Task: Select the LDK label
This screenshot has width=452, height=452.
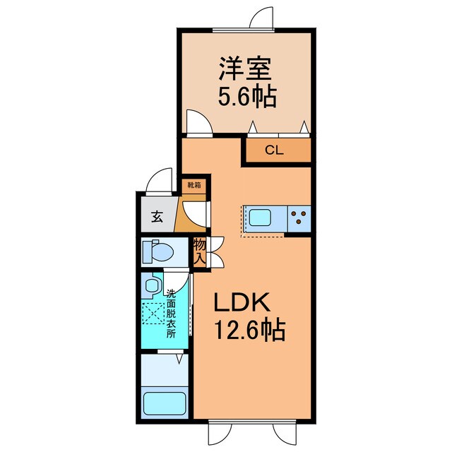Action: click(x=242, y=304)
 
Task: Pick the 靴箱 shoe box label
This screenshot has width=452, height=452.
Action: click(x=194, y=185)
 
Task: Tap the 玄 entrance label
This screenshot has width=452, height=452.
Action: click(x=157, y=218)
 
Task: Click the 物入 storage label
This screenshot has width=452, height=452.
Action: click(x=199, y=253)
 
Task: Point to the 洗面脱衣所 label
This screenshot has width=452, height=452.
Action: click(x=170, y=314)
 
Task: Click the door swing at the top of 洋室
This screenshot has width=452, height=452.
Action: click(x=261, y=18)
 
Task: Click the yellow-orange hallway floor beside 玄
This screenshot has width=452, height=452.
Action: click(x=184, y=215)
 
